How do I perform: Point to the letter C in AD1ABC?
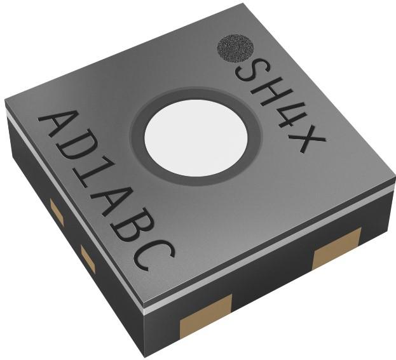154,255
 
